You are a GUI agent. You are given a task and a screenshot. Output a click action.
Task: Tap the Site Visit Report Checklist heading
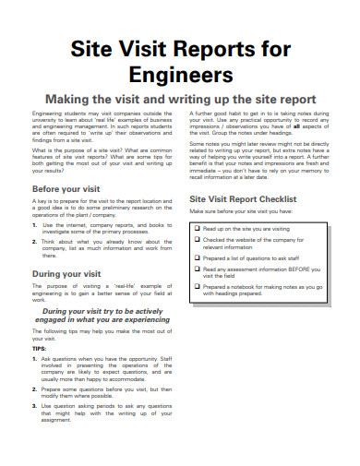click(243, 198)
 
